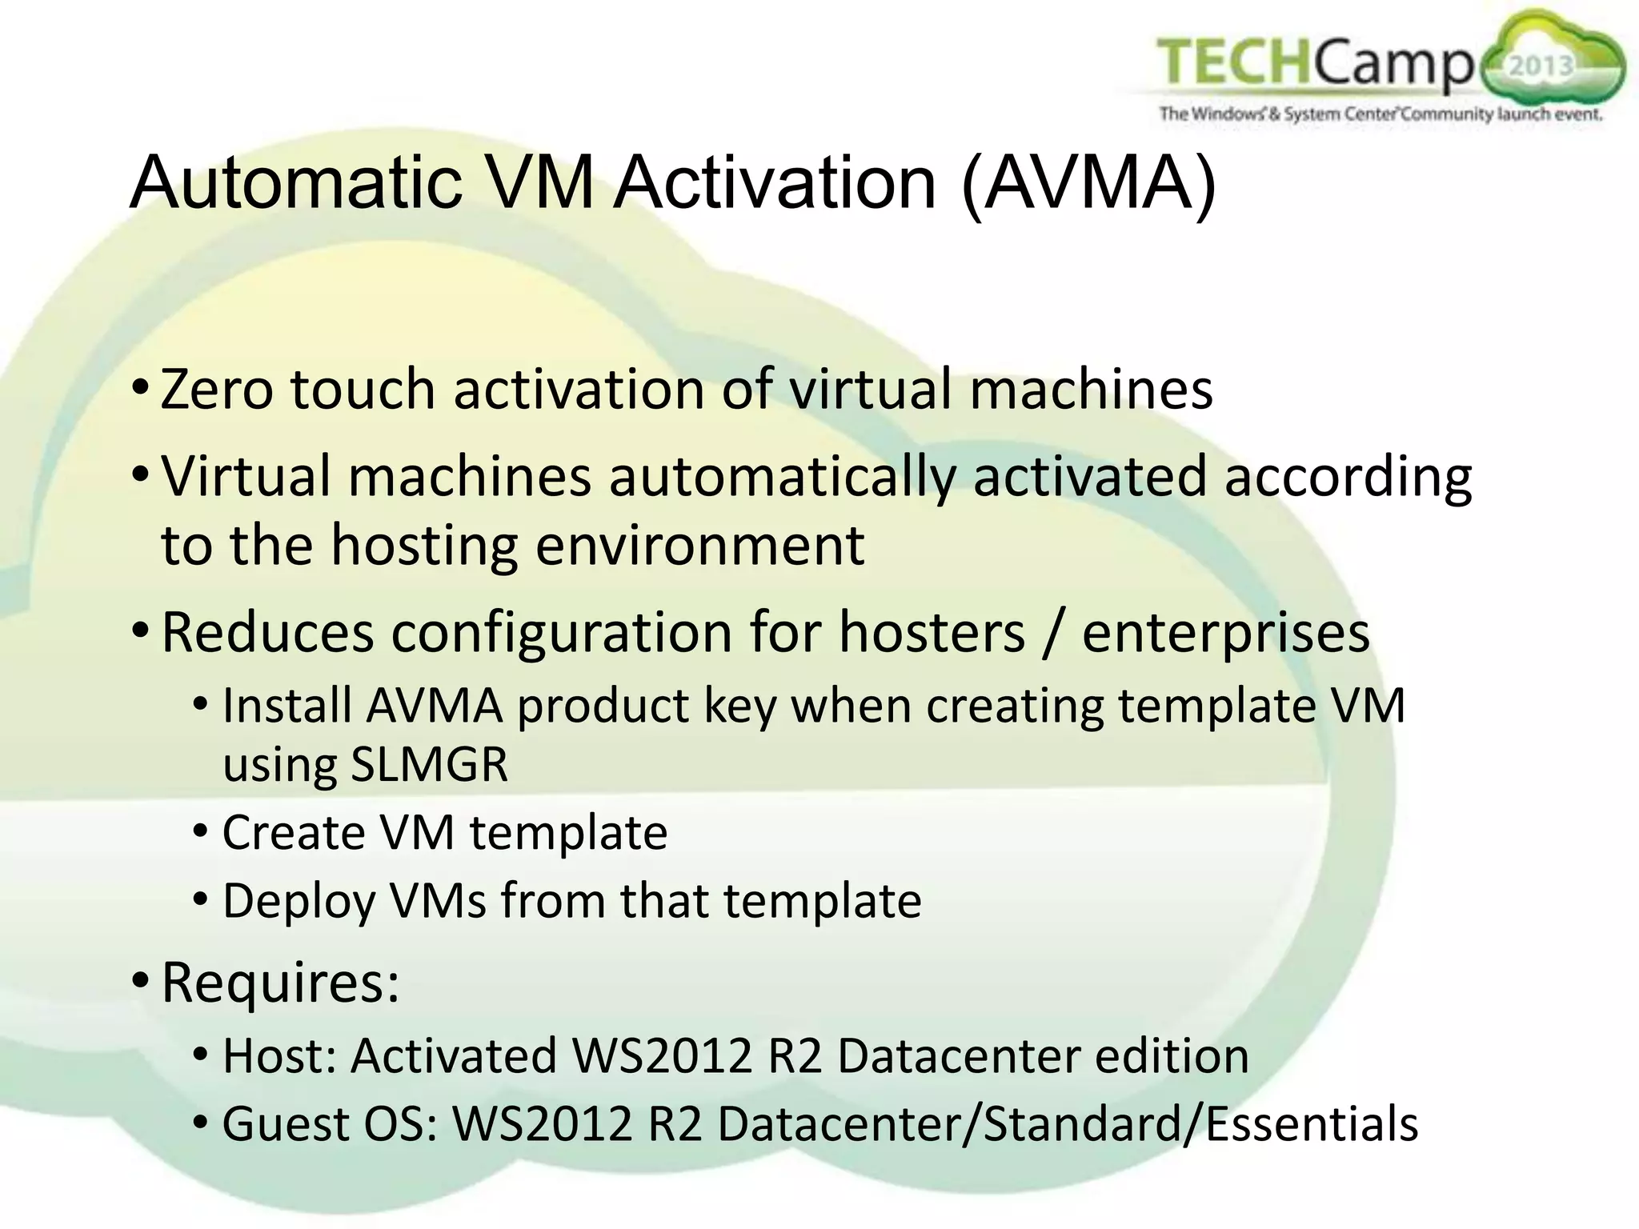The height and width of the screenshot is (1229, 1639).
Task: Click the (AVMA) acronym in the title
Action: pyautogui.click(x=1088, y=183)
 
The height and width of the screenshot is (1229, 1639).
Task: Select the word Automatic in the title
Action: pyautogui.click(x=296, y=183)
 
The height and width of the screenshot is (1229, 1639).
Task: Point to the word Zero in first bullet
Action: pyautogui.click(x=216, y=390)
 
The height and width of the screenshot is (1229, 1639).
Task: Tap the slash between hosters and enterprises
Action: pyautogui.click(x=1053, y=633)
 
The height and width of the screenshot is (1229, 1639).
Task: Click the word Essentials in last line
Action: pyautogui.click(x=1312, y=1123)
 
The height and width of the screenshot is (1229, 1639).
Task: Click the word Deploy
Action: pyautogui.click(x=298, y=902)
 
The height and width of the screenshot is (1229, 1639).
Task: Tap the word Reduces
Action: pyautogui.click(x=267, y=633)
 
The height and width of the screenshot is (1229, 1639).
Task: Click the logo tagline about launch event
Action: pyautogui.click(x=1381, y=114)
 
